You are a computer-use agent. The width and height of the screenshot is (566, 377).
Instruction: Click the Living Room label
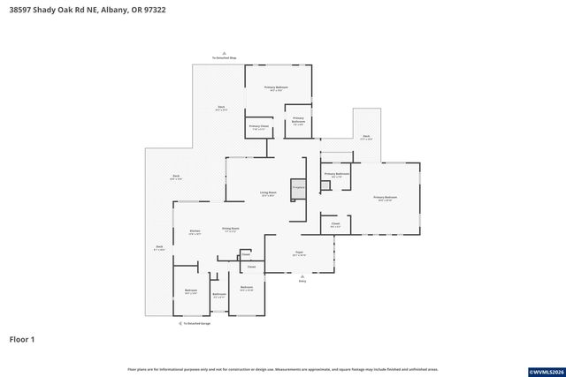(x=268, y=192)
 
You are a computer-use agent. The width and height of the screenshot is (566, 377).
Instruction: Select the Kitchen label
(x=195, y=231)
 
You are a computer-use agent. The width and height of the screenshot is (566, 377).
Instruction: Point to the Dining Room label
(x=231, y=229)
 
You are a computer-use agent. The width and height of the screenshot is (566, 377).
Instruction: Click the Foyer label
(x=300, y=253)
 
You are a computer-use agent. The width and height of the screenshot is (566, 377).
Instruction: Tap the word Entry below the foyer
(x=302, y=282)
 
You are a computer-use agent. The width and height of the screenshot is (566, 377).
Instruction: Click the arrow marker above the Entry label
(x=302, y=275)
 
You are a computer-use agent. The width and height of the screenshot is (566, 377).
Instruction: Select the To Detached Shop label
(x=224, y=58)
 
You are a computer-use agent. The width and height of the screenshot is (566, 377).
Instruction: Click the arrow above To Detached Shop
(x=224, y=52)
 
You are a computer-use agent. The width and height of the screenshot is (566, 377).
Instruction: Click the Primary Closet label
(x=258, y=127)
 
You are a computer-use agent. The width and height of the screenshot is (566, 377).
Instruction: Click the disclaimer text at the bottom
(x=282, y=369)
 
